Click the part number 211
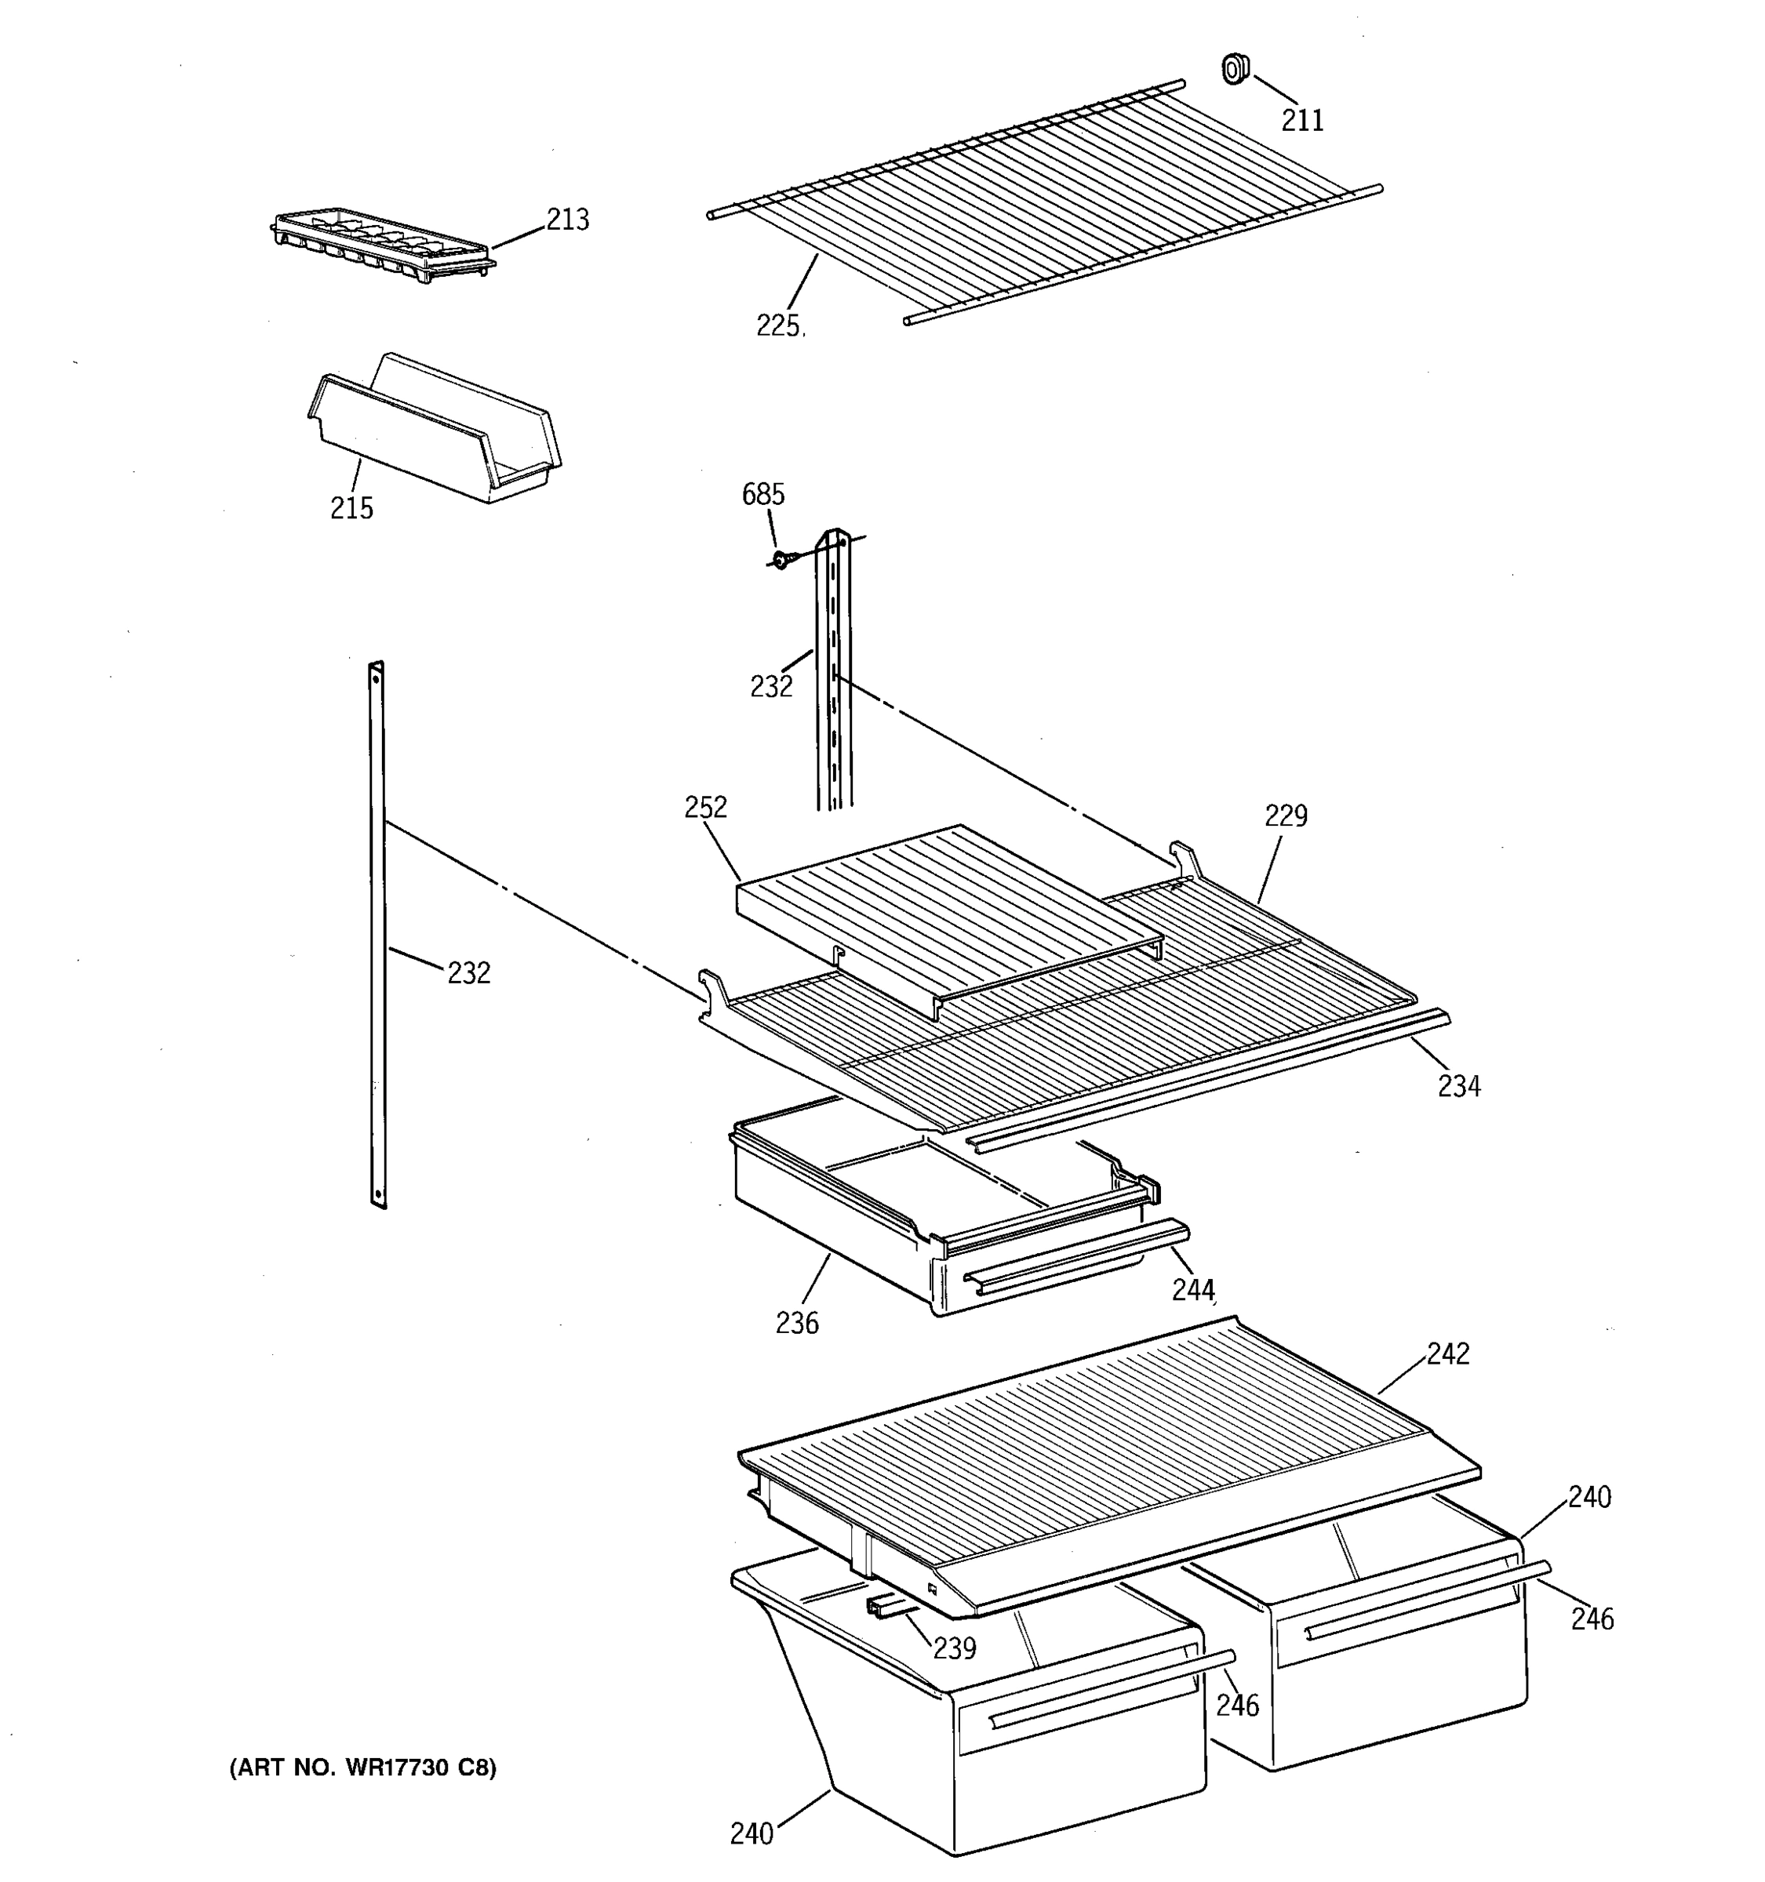click(x=1302, y=120)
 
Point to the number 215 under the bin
click(x=351, y=508)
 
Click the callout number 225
click(x=778, y=325)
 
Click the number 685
click(x=762, y=494)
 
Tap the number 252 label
click(x=705, y=807)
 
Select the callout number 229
click(x=1286, y=815)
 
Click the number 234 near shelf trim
click(x=1458, y=1086)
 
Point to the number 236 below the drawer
click(x=796, y=1323)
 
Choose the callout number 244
click(x=1192, y=1289)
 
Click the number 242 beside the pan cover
click(x=1448, y=1353)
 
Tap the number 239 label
click(x=954, y=1648)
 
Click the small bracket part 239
click(x=888, y=1607)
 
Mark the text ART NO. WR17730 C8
click(x=362, y=1767)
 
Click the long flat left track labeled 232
click(x=378, y=935)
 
